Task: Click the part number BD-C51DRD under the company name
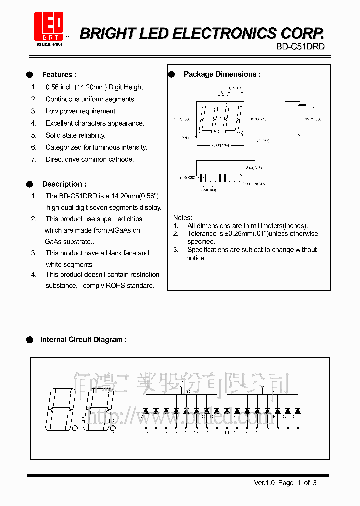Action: coord(300,47)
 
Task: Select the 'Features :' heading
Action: coord(59,75)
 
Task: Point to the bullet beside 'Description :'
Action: coord(30,184)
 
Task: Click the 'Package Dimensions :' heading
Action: coord(222,74)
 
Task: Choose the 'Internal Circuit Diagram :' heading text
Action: coord(83,340)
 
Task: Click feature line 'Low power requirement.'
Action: coord(81,111)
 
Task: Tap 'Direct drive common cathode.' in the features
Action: coord(90,159)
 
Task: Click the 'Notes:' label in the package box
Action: coord(182,218)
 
